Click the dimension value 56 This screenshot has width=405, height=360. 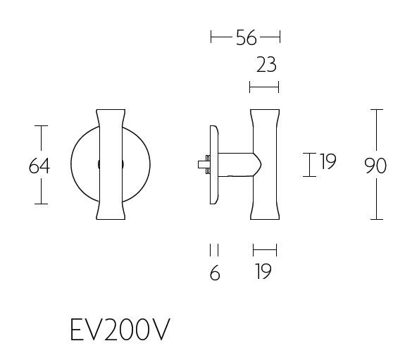[246, 38]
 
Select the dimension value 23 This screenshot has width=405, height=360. [266, 66]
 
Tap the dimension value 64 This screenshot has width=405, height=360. [40, 166]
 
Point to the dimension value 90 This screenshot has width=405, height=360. [376, 166]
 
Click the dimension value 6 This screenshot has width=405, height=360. [215, 273]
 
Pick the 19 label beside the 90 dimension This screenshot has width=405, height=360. [328, 163]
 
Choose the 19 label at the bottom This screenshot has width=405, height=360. [263, 273]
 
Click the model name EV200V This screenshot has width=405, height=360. [120, 329]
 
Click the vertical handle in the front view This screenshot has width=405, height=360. [112, 165]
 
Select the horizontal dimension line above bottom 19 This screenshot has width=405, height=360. [265, 249]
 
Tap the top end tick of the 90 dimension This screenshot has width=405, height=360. [377, 110]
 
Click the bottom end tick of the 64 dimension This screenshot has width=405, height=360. [42, 204]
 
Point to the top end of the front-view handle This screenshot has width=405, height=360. [112, 111]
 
